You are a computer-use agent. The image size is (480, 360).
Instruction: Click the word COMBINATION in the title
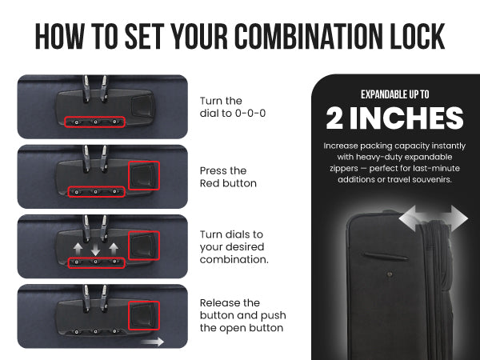[x=309, y=36]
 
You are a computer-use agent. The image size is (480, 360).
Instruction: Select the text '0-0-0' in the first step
[x=250, y=114]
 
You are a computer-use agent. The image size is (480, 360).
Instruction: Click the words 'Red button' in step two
[x=228, y=183]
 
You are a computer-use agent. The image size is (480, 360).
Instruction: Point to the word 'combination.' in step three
[x=234, y=259]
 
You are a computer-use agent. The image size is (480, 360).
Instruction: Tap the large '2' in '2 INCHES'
[x=334, y=118]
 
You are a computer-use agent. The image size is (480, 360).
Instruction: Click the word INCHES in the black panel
[x=406, y=118]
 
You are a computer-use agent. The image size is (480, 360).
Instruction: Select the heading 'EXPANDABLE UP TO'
[x=394, y=94]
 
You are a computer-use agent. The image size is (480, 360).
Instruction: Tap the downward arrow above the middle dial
[x=95, y=250]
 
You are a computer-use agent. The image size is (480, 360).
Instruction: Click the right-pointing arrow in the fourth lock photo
[x=153, y=342]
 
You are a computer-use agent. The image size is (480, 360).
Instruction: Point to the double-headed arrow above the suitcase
[x=433, y=218]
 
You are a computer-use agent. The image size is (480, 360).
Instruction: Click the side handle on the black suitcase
[x=385, y=256]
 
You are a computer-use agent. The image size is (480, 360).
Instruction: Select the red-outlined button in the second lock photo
[x=144, y=176]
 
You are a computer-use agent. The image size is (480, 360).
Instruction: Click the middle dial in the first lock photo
[x=95, y=122]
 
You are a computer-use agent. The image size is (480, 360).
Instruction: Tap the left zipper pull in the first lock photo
[x=87, y=88]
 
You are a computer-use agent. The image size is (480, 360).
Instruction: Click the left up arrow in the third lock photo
[x=78, y=249]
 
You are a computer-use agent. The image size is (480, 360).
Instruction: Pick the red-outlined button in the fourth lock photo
[x=144, y=316]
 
